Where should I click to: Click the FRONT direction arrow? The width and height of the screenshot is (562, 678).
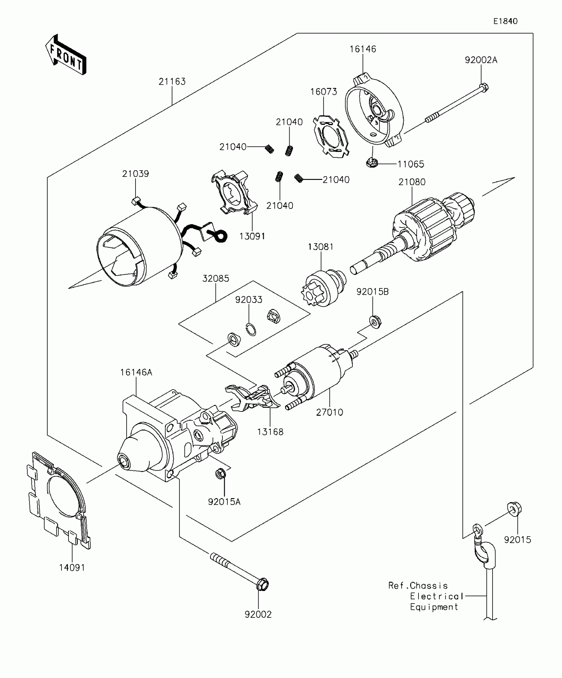65,55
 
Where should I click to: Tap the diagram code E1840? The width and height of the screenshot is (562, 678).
505,21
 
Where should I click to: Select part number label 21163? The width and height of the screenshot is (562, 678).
172,81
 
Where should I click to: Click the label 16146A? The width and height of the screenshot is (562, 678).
136,372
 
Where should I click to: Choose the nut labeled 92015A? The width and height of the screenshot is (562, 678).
220,474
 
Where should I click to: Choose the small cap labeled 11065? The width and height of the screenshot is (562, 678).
372,162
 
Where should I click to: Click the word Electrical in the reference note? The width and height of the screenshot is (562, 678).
436,596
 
